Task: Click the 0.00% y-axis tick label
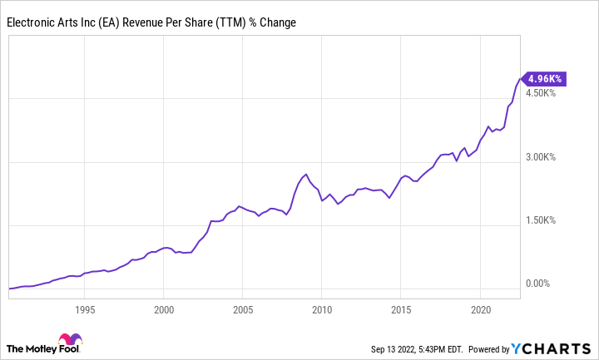click(x=545, y=284)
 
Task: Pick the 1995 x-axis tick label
click(x=84, y=309)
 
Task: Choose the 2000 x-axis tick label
click(x=163, y=309)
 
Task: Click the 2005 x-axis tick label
click(x=242, y=309)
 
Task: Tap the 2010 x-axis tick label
click(x=321, y=309)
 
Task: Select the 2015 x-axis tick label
click(x=400, y=309)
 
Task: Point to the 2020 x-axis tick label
click(x=479, y=309)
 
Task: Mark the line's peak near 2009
click(x=306, y=175)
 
